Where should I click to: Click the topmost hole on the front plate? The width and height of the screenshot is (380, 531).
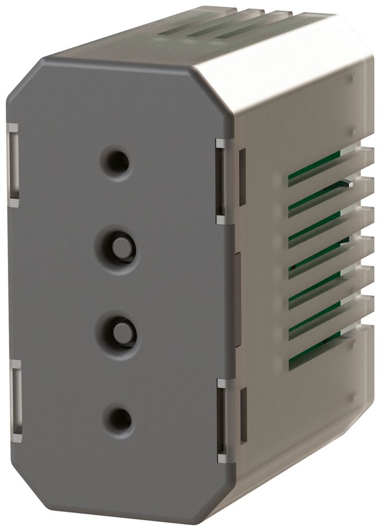(117, 161)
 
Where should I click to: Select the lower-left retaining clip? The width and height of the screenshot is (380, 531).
(16, 401)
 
